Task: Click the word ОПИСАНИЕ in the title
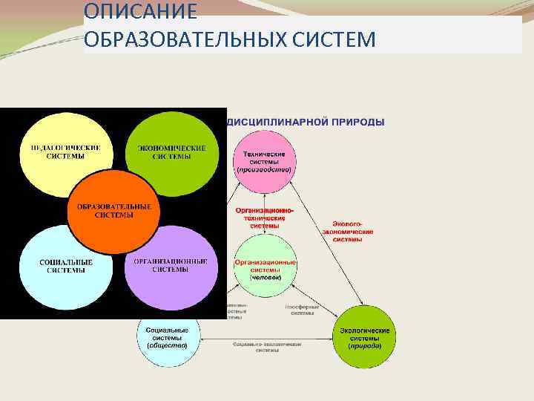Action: [x=141, y=12]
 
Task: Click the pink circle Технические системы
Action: [x=265, y=161]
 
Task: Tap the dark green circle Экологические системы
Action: [x=365, y=337]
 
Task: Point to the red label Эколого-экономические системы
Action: [x=348, y=231]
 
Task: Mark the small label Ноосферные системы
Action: [x=303, y=310]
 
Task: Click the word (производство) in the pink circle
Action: [x=265, y=170]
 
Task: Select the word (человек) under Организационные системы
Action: [x=265, y=277]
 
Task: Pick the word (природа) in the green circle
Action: [x=365, y=346]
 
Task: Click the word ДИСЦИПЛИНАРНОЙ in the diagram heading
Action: [x=276, y=122]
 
